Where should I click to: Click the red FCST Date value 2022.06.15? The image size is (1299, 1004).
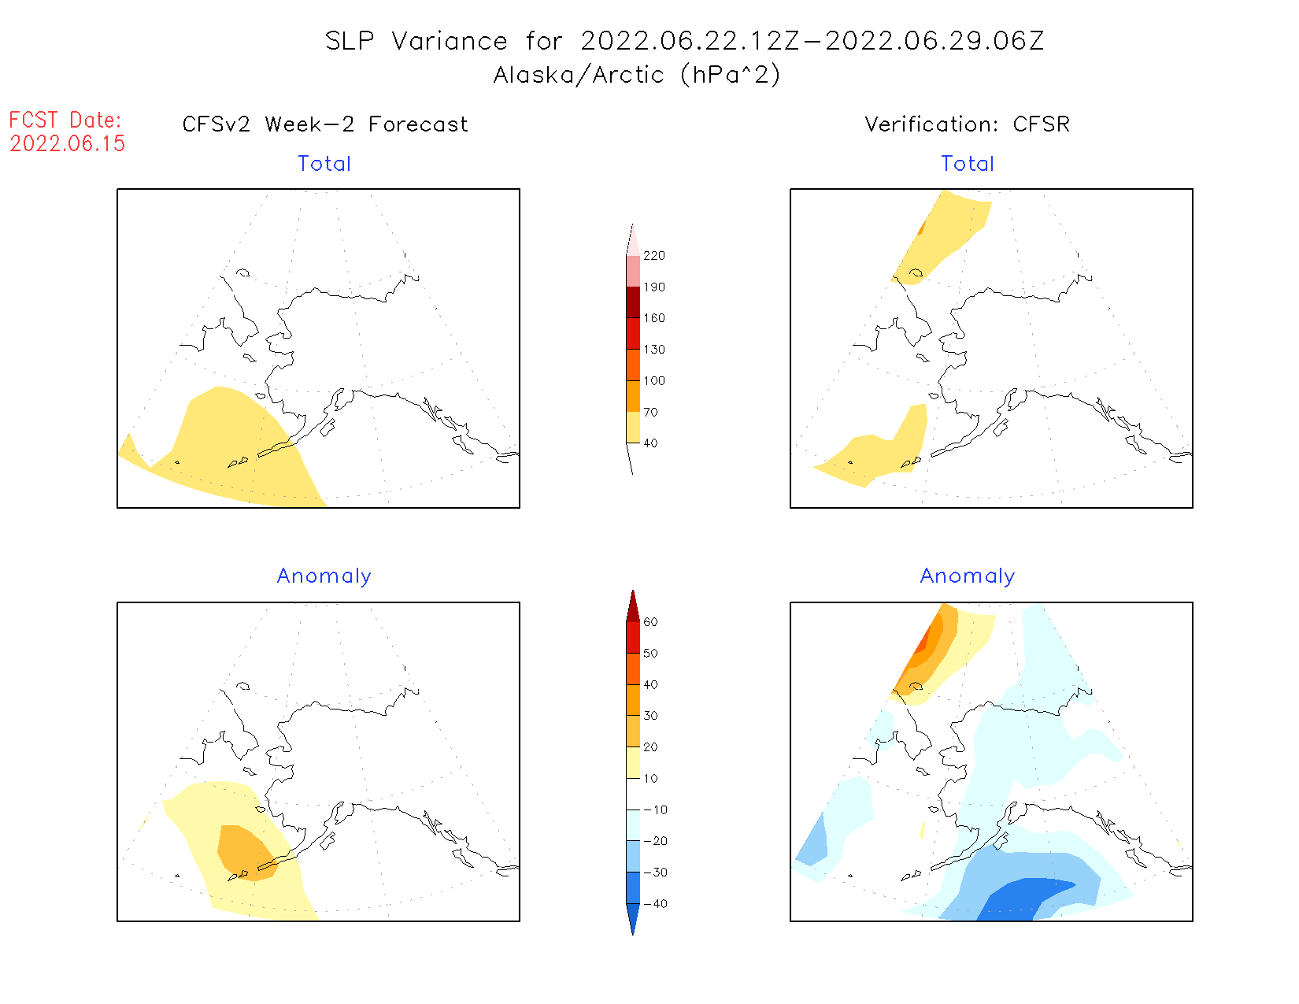(x=68, y=143)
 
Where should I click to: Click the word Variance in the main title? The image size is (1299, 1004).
(x=450, y=41)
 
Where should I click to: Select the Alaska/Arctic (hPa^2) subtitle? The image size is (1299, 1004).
(x=636, y=75)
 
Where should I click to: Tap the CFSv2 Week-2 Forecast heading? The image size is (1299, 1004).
(x=325, y=124)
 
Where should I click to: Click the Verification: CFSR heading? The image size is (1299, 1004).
(x=967, y=124)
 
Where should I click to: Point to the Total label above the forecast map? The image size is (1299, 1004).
(x=324, y=164)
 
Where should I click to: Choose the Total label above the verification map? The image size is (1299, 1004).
(x=968, y=164)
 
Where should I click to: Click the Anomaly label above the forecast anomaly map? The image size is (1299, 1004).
(x=324, y=576)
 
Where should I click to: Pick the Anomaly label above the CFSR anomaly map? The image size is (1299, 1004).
(x=968, y=576)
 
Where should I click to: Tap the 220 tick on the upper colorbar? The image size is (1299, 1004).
(x=653, y=256)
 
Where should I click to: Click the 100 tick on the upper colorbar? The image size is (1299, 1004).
(x=653, y=381)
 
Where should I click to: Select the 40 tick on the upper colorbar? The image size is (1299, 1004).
(x=650, y=443)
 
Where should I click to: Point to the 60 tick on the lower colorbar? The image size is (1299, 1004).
(x=650, y=622)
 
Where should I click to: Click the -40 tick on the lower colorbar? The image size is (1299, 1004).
(x=655, y=904)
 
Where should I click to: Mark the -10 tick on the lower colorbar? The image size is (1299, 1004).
(x=655, y=810)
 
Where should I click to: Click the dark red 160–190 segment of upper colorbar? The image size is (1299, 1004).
(x=633, y=302)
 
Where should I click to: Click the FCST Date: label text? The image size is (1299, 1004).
(x=65, y=120)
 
